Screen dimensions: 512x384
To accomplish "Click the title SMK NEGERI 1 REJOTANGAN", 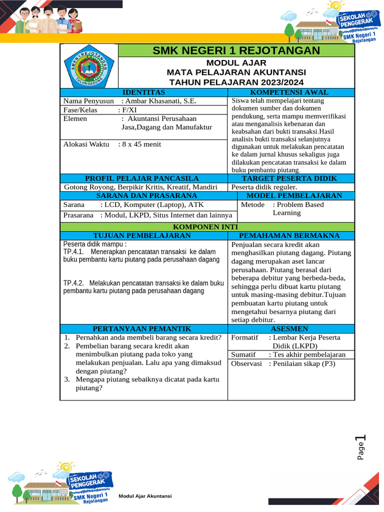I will click(x=236, y=50).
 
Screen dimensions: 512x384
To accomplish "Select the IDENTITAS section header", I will click(x=143, y=92).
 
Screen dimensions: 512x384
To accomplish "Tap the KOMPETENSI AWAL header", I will click(x=291, y=92).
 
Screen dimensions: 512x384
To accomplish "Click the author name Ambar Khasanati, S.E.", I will click(x=161, y=101).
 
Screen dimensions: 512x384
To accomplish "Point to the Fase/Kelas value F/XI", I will click(x=127, y=110).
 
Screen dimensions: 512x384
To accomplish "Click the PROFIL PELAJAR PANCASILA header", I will click(x=142, y=178).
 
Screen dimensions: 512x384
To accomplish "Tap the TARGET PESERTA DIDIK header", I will click(x=291, y=178).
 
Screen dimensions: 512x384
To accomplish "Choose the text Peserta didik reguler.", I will click(x=264, y=187).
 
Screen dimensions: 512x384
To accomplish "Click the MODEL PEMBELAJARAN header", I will click(x=294, y=195).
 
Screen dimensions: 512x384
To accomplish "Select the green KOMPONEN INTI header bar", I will click(x=207, y=227).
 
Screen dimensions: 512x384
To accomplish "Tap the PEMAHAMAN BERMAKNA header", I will click(x=291, y=235).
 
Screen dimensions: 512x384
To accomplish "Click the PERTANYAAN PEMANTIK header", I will click(x=142, y=328).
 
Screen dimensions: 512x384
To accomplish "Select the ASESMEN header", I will click(x=291, y=328).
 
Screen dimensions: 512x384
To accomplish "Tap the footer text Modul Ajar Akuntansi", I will click(x=145, y=496).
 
